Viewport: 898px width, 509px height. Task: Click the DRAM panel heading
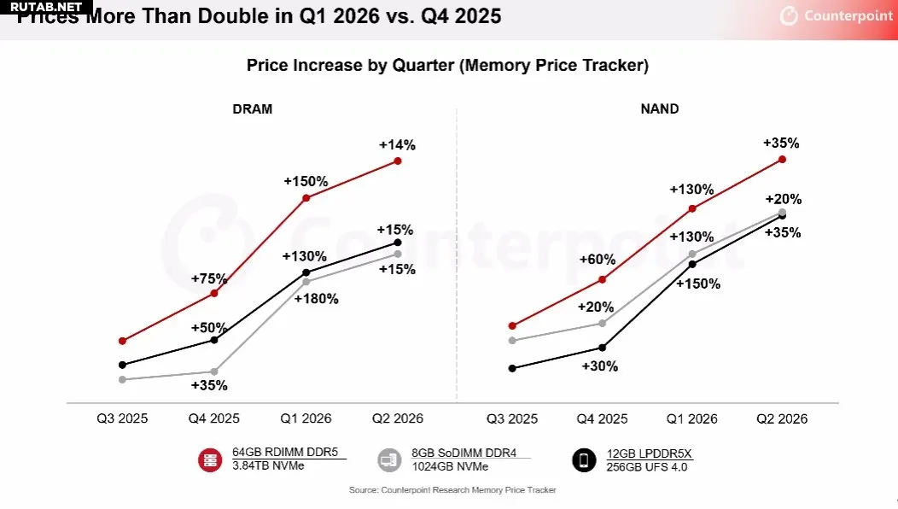[x=252, y=109]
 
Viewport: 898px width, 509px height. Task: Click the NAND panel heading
[x=660, y=109]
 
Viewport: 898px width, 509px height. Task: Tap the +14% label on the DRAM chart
[x=397, y=145]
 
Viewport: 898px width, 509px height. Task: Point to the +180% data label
[x=316, y=299]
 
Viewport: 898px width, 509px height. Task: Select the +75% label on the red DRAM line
[x=209, y=279]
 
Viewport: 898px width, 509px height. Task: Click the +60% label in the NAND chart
[x=598, y=260]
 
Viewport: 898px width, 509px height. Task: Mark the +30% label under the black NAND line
[x=599, y=366]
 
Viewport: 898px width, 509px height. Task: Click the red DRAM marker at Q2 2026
[x=397, y=161]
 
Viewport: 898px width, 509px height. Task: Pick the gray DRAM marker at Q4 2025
[x=214, y=372]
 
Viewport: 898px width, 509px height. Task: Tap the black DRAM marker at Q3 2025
[x=123, y=365]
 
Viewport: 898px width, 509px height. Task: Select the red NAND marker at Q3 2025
[x=512, y=325]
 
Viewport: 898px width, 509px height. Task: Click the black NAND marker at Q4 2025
[x=603, y=348]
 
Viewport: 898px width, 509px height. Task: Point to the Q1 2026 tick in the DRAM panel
[x=306, y=418]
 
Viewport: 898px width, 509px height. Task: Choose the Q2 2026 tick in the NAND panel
[x=782, y=418]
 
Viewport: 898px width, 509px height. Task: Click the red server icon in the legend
[x=210, y=460]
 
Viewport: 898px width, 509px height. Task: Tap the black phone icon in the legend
[x=584, y=460]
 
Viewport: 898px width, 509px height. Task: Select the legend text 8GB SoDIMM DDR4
[x=464, y=453]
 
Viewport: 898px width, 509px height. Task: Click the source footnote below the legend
[x=452, y=490]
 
